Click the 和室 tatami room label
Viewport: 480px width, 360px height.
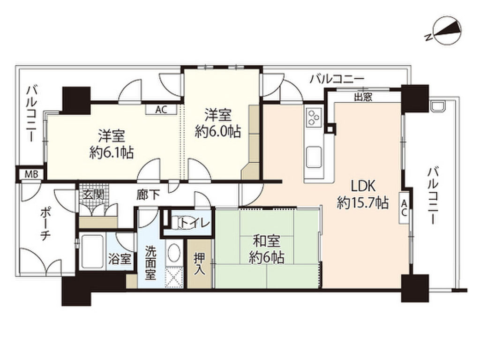tap(267, 242)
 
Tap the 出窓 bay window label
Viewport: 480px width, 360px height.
tap(363, 97)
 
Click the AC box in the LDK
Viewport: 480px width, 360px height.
tap(404, 206)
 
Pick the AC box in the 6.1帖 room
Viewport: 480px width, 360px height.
tap(161, 110)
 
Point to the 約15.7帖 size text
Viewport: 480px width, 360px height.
tap(362, 202)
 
